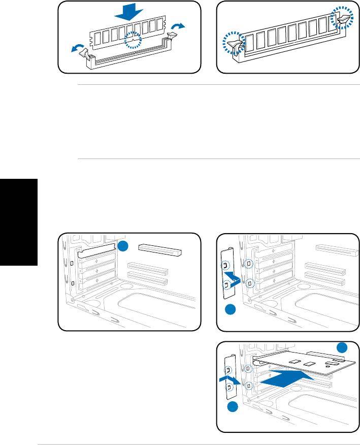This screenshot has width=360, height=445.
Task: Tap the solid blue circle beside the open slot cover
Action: pyautogui.click(x=123, y=246)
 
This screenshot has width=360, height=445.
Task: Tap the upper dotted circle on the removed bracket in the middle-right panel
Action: pyautogui.click(x=224, y=265)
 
